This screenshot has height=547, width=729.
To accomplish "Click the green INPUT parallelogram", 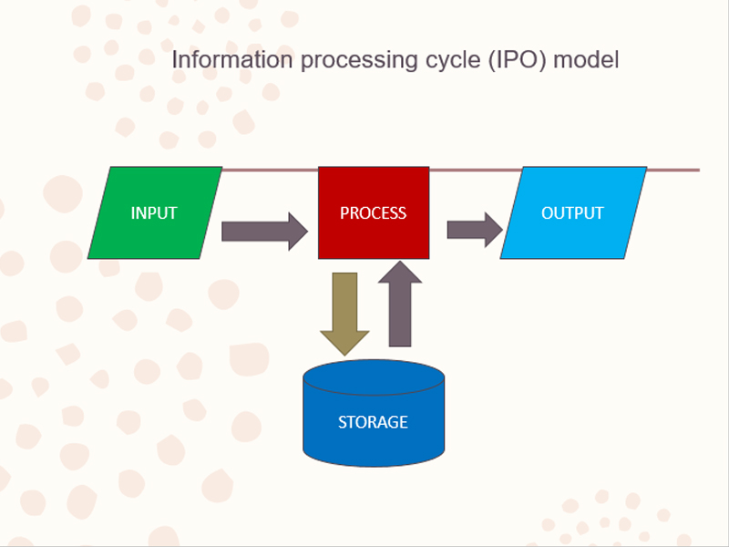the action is click(155, 212).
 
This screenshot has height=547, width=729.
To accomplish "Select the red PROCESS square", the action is click(374, 212).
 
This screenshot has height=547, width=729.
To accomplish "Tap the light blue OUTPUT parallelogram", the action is click(573, 212).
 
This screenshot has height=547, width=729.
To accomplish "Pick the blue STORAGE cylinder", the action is click(374, 413).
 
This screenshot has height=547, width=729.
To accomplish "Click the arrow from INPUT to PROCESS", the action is click(264, 232).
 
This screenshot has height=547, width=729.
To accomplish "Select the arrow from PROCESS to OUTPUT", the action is click(475, 230).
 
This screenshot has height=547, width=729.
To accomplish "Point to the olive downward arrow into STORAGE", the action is click(345, 314).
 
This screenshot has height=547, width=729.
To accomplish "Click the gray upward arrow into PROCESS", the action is click(400, 304).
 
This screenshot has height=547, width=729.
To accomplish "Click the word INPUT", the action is click(154, 213).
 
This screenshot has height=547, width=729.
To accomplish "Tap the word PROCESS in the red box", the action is click(373, 213).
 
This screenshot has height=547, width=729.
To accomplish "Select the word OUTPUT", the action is click(572, 213).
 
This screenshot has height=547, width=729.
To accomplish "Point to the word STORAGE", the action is click(373, 422).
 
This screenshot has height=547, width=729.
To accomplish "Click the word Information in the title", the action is click(232, 59).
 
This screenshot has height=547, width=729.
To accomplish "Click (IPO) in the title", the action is click(518, 60).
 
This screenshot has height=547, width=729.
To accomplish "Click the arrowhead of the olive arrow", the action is click(345, 343).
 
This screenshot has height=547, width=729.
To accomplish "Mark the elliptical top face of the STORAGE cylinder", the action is click(374, 377).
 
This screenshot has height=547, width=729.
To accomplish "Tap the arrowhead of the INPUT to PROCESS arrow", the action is click(299, 232).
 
